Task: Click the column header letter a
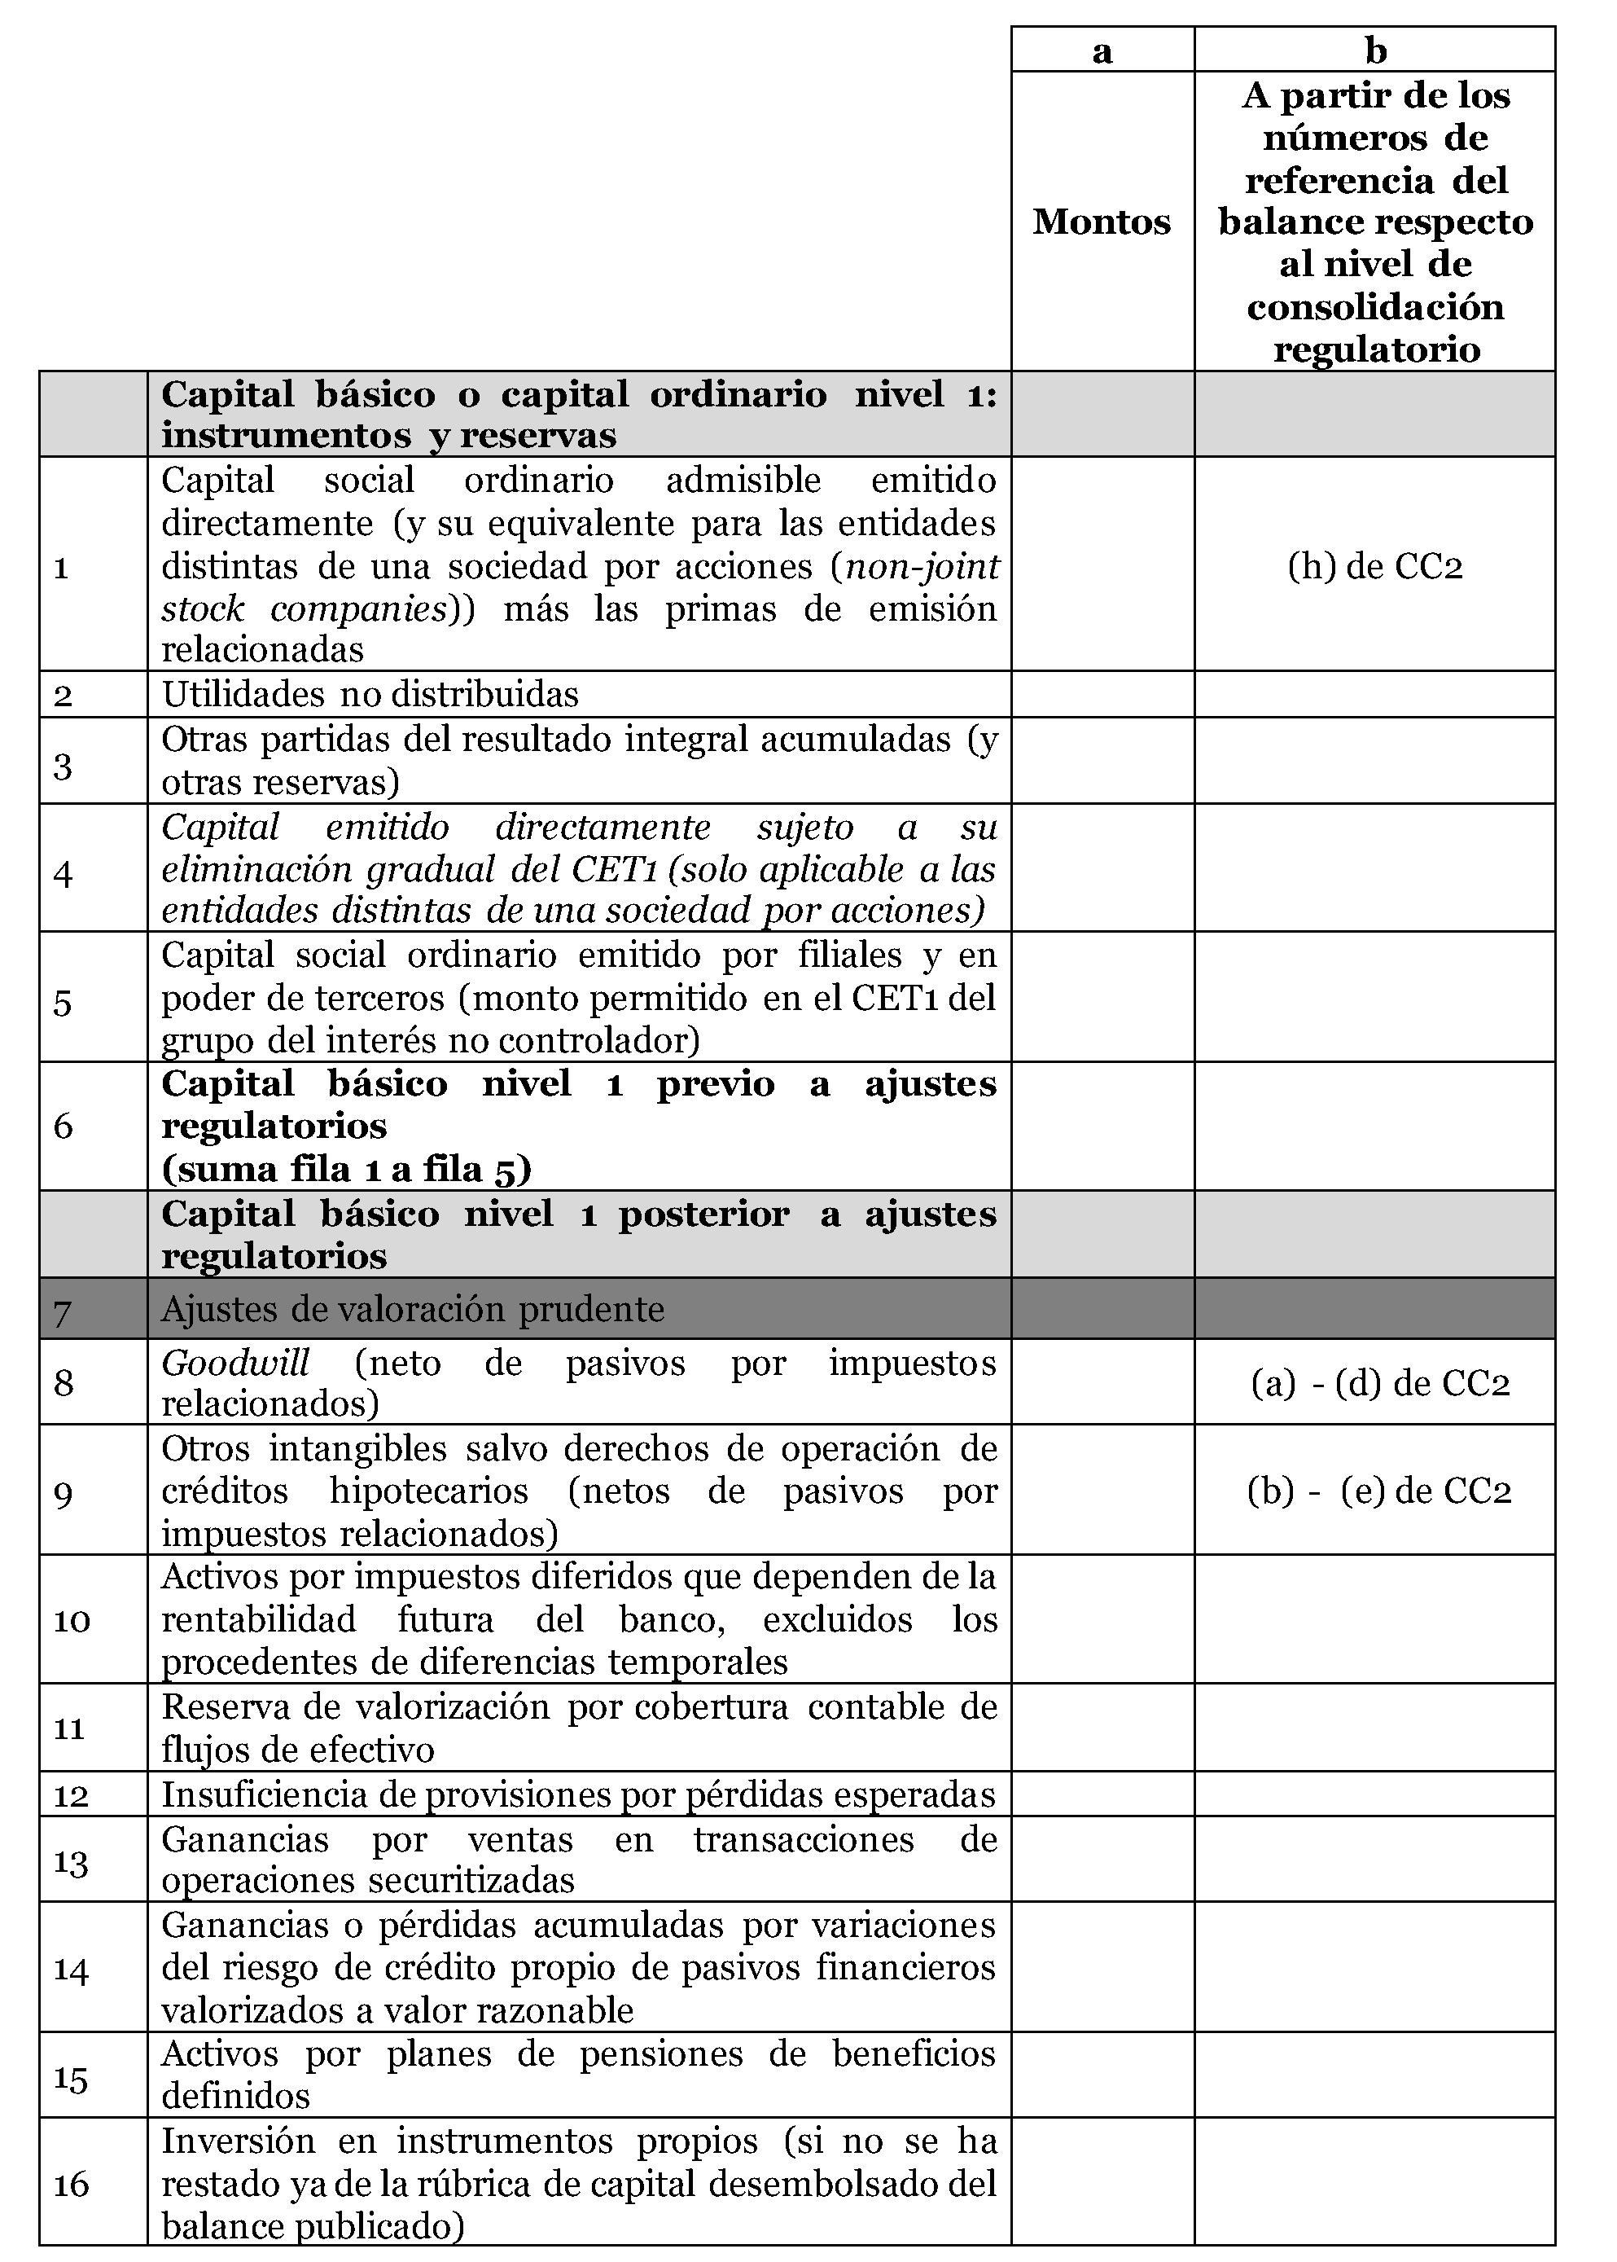(x=1102, y=51)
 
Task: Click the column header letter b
(x=1375, y=51)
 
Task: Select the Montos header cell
(x=1102, y=221)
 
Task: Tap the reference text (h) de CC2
(x=1375, y=566)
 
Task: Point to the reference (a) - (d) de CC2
(x=1380, y=1382)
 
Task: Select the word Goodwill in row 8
(x=236, y=1362)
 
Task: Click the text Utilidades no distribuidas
(x=370, y=694)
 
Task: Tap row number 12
(x=71, y=1796)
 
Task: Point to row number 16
(x=71, y=2185)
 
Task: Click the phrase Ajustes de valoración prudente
(x=412, y=1309)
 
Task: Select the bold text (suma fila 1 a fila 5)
(x=347, y=1168)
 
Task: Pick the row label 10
(x=72, y=1621)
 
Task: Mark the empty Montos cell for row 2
(x=1102, y=694)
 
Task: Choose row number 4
(x=63, y=873)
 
